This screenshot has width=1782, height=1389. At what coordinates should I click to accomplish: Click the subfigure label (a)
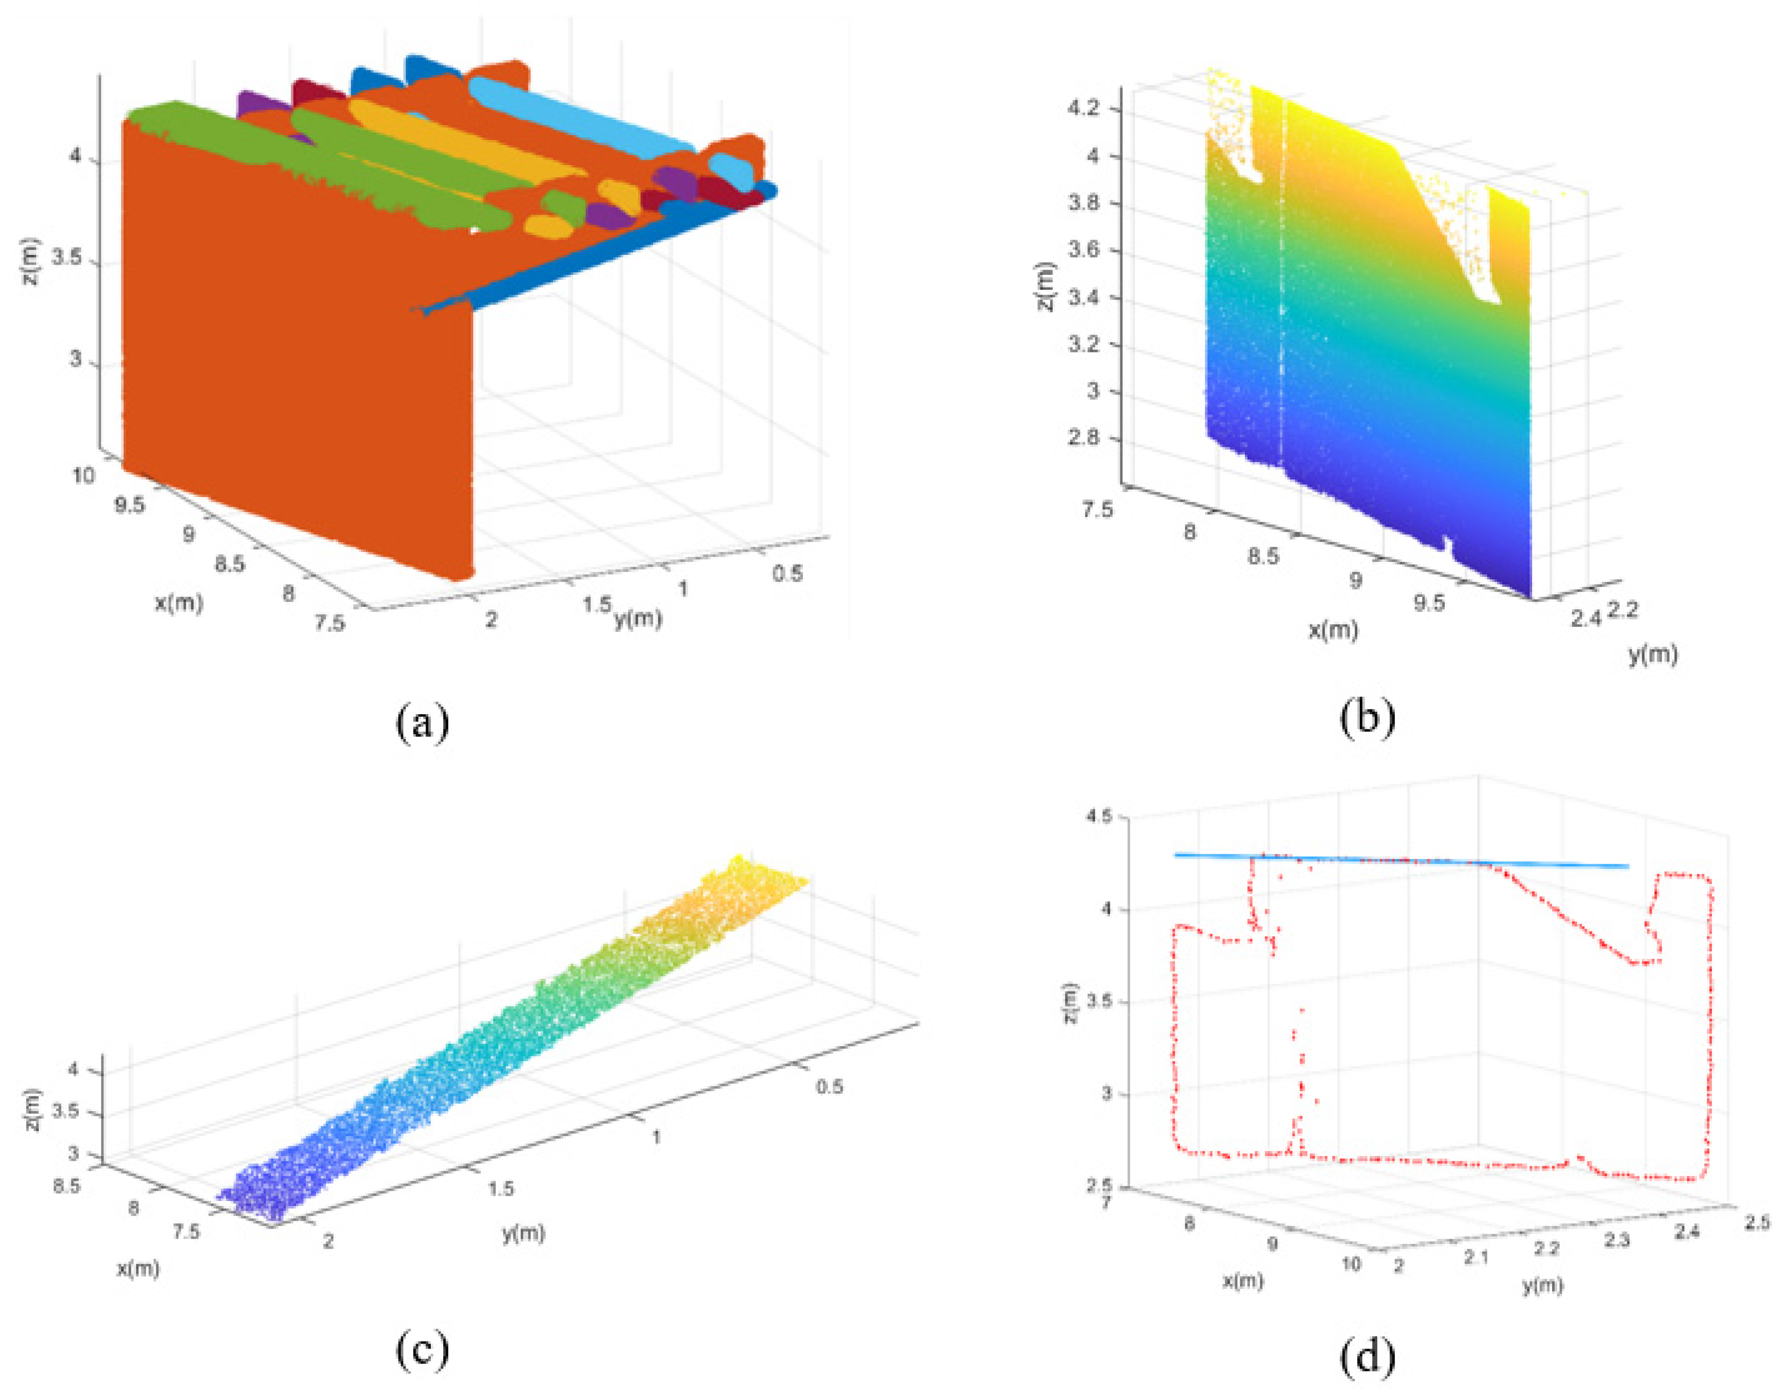(x=422, y=723)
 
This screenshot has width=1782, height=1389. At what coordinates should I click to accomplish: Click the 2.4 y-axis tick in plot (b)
(x=1585, y=620)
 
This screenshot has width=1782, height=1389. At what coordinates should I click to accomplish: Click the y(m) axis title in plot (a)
(x=637, y=619)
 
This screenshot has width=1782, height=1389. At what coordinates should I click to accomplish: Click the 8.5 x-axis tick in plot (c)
(x=66, y=1186)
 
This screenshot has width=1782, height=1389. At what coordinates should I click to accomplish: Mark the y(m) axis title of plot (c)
(x=523, y=1234)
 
